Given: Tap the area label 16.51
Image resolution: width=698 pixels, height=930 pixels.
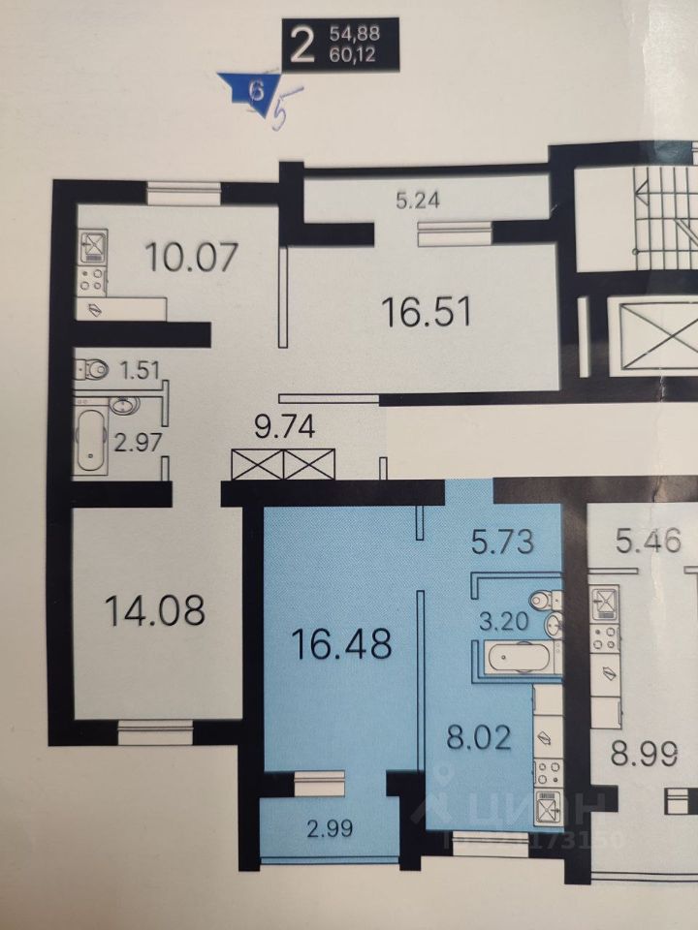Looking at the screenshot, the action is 426,313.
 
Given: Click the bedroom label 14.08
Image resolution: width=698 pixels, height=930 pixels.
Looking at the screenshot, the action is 154,611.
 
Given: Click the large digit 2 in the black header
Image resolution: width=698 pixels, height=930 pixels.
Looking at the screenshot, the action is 301,44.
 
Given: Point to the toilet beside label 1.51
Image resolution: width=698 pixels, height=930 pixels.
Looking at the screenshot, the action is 93,371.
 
